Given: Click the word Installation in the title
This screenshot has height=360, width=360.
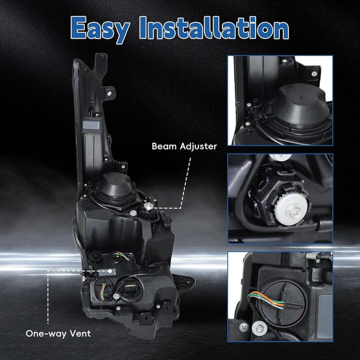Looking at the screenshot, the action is [213, 27].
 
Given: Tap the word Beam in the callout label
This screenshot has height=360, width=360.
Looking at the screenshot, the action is [164, 146].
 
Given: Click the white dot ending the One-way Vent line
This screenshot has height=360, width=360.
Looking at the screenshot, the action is [110, 271].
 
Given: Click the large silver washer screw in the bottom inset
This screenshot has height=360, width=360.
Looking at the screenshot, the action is [260, 328].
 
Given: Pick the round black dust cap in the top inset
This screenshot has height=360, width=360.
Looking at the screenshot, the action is [298, 106].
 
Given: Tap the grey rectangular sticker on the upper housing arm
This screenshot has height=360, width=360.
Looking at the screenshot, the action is [91, 125].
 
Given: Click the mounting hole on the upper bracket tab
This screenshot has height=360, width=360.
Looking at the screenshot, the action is [109, 94].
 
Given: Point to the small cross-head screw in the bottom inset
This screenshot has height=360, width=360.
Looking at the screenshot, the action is [243, 327].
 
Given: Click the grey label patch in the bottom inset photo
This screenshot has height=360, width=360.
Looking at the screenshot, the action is [324, 316].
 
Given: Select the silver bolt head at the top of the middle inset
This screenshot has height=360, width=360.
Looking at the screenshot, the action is [280, 157].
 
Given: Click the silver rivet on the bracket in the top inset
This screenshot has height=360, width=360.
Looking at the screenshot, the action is [314, 74].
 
